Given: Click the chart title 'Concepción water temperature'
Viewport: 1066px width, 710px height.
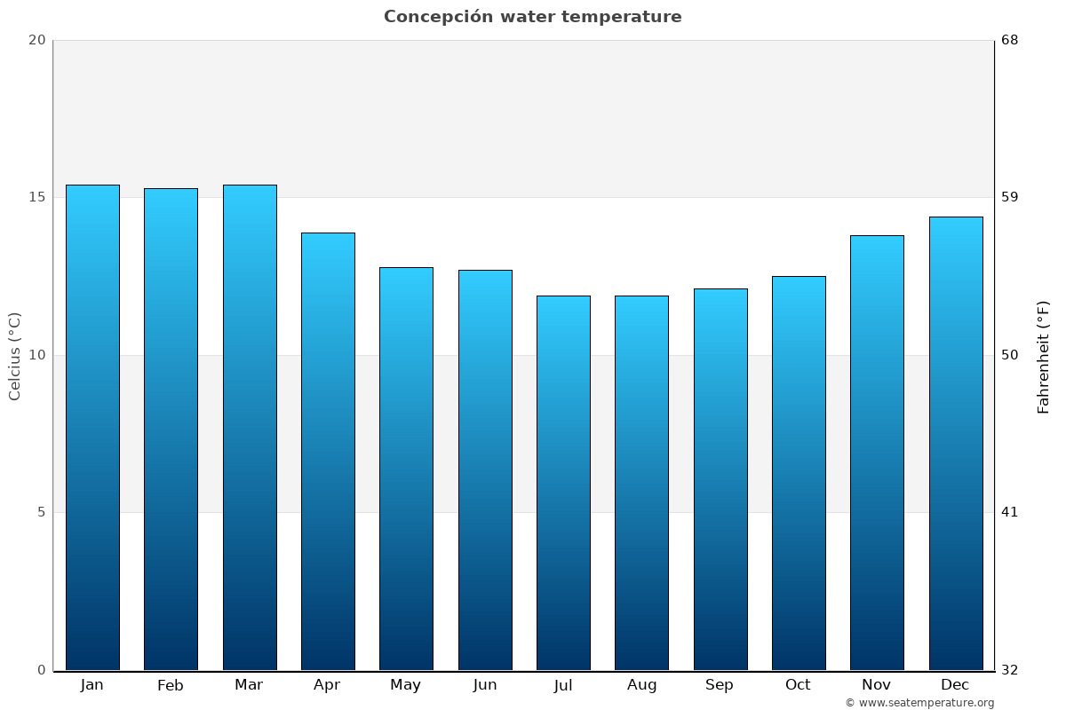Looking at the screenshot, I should coord(533,17).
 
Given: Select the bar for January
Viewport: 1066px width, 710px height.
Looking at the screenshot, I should coord(92,427).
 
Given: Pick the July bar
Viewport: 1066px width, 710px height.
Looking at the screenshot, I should coord(563,483).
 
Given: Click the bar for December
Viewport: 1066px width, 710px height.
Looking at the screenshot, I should coord(956,443).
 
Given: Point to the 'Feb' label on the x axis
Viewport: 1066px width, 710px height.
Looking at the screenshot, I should coord(171,685).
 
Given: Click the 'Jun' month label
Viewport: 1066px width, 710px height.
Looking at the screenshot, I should coord(485,685).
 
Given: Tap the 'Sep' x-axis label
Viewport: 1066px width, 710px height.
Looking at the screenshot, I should coord(720,685).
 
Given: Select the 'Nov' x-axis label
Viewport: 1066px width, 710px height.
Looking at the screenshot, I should coord(877,685).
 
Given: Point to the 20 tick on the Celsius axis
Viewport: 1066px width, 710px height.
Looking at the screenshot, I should coord(36,40).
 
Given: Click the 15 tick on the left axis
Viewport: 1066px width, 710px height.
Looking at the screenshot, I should coord(36,197).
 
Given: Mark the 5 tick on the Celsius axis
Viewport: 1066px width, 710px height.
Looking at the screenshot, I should coord(41,512).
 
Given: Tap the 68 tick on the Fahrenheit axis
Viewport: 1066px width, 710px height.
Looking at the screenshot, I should coord(1009,40).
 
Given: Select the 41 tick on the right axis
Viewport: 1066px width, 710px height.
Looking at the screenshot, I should coord(1009,512).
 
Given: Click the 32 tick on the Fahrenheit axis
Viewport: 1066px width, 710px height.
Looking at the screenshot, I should coord(1009,670).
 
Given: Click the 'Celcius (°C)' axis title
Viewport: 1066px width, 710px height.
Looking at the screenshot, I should coord(15,356).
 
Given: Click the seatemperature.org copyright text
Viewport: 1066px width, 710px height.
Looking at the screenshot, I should coord(919,703).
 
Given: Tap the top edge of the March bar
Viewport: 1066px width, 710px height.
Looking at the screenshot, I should coord(250,185).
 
